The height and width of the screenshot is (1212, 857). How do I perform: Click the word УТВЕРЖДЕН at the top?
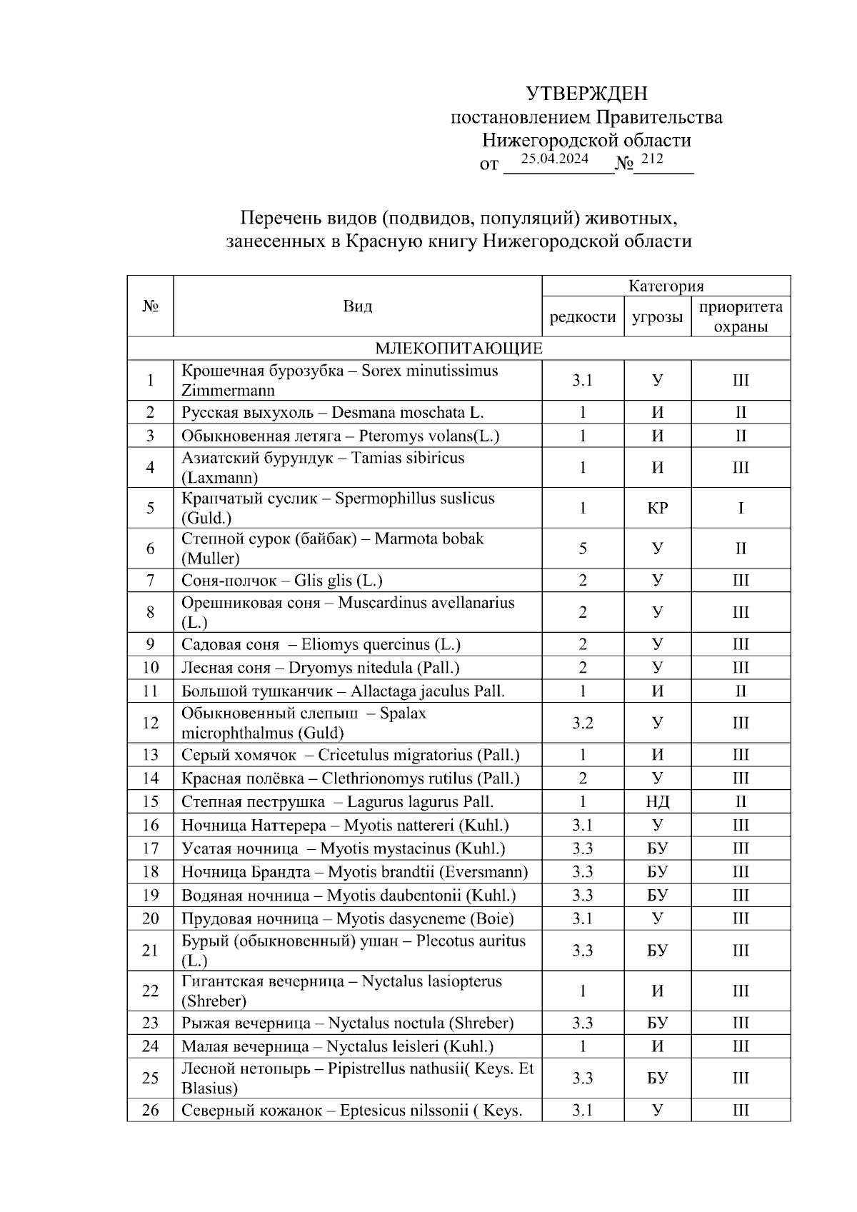(x=586, y=94)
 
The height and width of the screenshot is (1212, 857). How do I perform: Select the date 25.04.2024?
(x=554, y=159)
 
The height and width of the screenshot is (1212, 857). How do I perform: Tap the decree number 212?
(x=651, y=159)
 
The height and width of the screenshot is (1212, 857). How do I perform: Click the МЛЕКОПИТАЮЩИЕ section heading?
(x=458, y=349)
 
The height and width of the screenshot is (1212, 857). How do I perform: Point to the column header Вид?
(x=357, y=306)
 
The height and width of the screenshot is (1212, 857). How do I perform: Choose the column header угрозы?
(x=657, y=316)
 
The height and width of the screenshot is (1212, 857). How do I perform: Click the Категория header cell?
(x=666, y=286)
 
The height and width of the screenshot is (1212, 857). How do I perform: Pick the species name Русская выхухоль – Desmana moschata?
(x=332, y=412)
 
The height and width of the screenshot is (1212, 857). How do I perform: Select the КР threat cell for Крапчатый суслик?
(x=657, y=508)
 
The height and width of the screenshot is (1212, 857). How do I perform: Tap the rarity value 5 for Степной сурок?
(x=583, y=549)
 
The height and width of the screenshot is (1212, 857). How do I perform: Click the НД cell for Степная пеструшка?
(x=657, y=801)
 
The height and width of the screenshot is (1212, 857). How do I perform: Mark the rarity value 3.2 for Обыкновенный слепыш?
(x=583, y=723)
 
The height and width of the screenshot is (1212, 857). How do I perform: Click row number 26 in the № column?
(x=150, y=1110)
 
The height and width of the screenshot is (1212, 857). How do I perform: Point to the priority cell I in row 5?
(x=741, y=508)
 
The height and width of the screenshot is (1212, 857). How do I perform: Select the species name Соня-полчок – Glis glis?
(x=286, y=580)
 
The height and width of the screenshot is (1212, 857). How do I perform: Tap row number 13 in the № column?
(x=150, y=755)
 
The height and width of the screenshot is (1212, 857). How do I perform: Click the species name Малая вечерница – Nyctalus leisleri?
(x=337, y=1046)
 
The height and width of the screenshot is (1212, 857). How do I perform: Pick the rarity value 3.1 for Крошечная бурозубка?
(x=583, y=380)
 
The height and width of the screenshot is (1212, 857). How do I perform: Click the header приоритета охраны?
(x=741, y=316)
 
